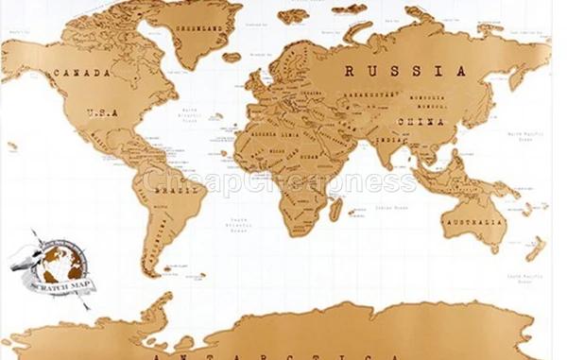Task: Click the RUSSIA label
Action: pos(404,71)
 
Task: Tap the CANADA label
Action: pos(83,73)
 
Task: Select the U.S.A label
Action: pos(102,113)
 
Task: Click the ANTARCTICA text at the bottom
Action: pos(274,352)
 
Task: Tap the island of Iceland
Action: pos(232,57)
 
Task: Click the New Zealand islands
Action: pos(536,248)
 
